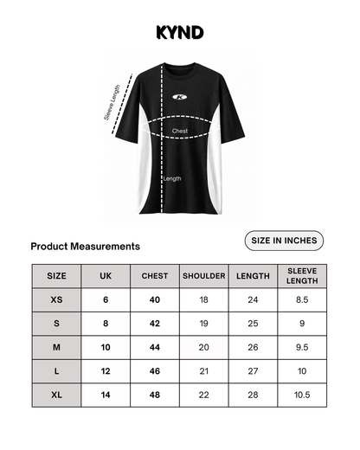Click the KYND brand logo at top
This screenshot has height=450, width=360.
180,33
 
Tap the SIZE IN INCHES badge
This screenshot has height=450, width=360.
284,240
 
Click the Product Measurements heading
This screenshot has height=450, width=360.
85,247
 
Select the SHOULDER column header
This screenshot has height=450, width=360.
204,276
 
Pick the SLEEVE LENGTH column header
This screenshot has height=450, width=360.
303,276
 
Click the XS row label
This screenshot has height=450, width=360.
56,299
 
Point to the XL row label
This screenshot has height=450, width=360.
56,395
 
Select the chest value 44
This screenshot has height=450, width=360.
155,347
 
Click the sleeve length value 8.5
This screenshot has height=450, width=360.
303,299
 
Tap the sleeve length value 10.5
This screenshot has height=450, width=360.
303,395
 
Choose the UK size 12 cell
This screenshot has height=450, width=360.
106,371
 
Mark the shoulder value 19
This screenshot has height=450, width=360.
204,324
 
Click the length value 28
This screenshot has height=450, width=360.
253,395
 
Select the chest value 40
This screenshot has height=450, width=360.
155,299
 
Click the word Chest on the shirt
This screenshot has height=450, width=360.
180,132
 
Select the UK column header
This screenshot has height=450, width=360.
106,276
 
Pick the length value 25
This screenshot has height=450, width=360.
253,324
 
